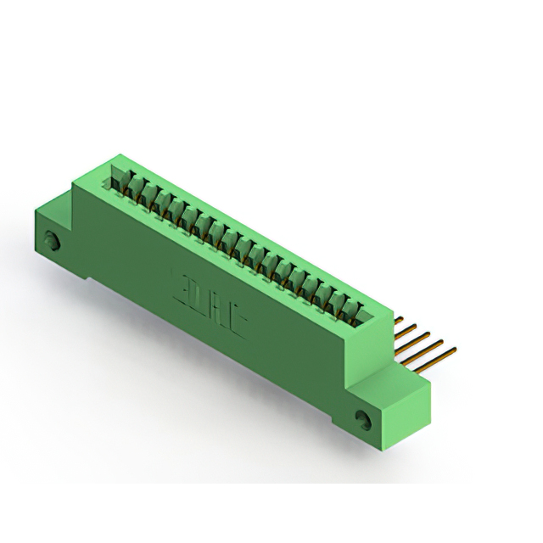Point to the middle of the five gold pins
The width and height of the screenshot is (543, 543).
pos(419,339)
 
